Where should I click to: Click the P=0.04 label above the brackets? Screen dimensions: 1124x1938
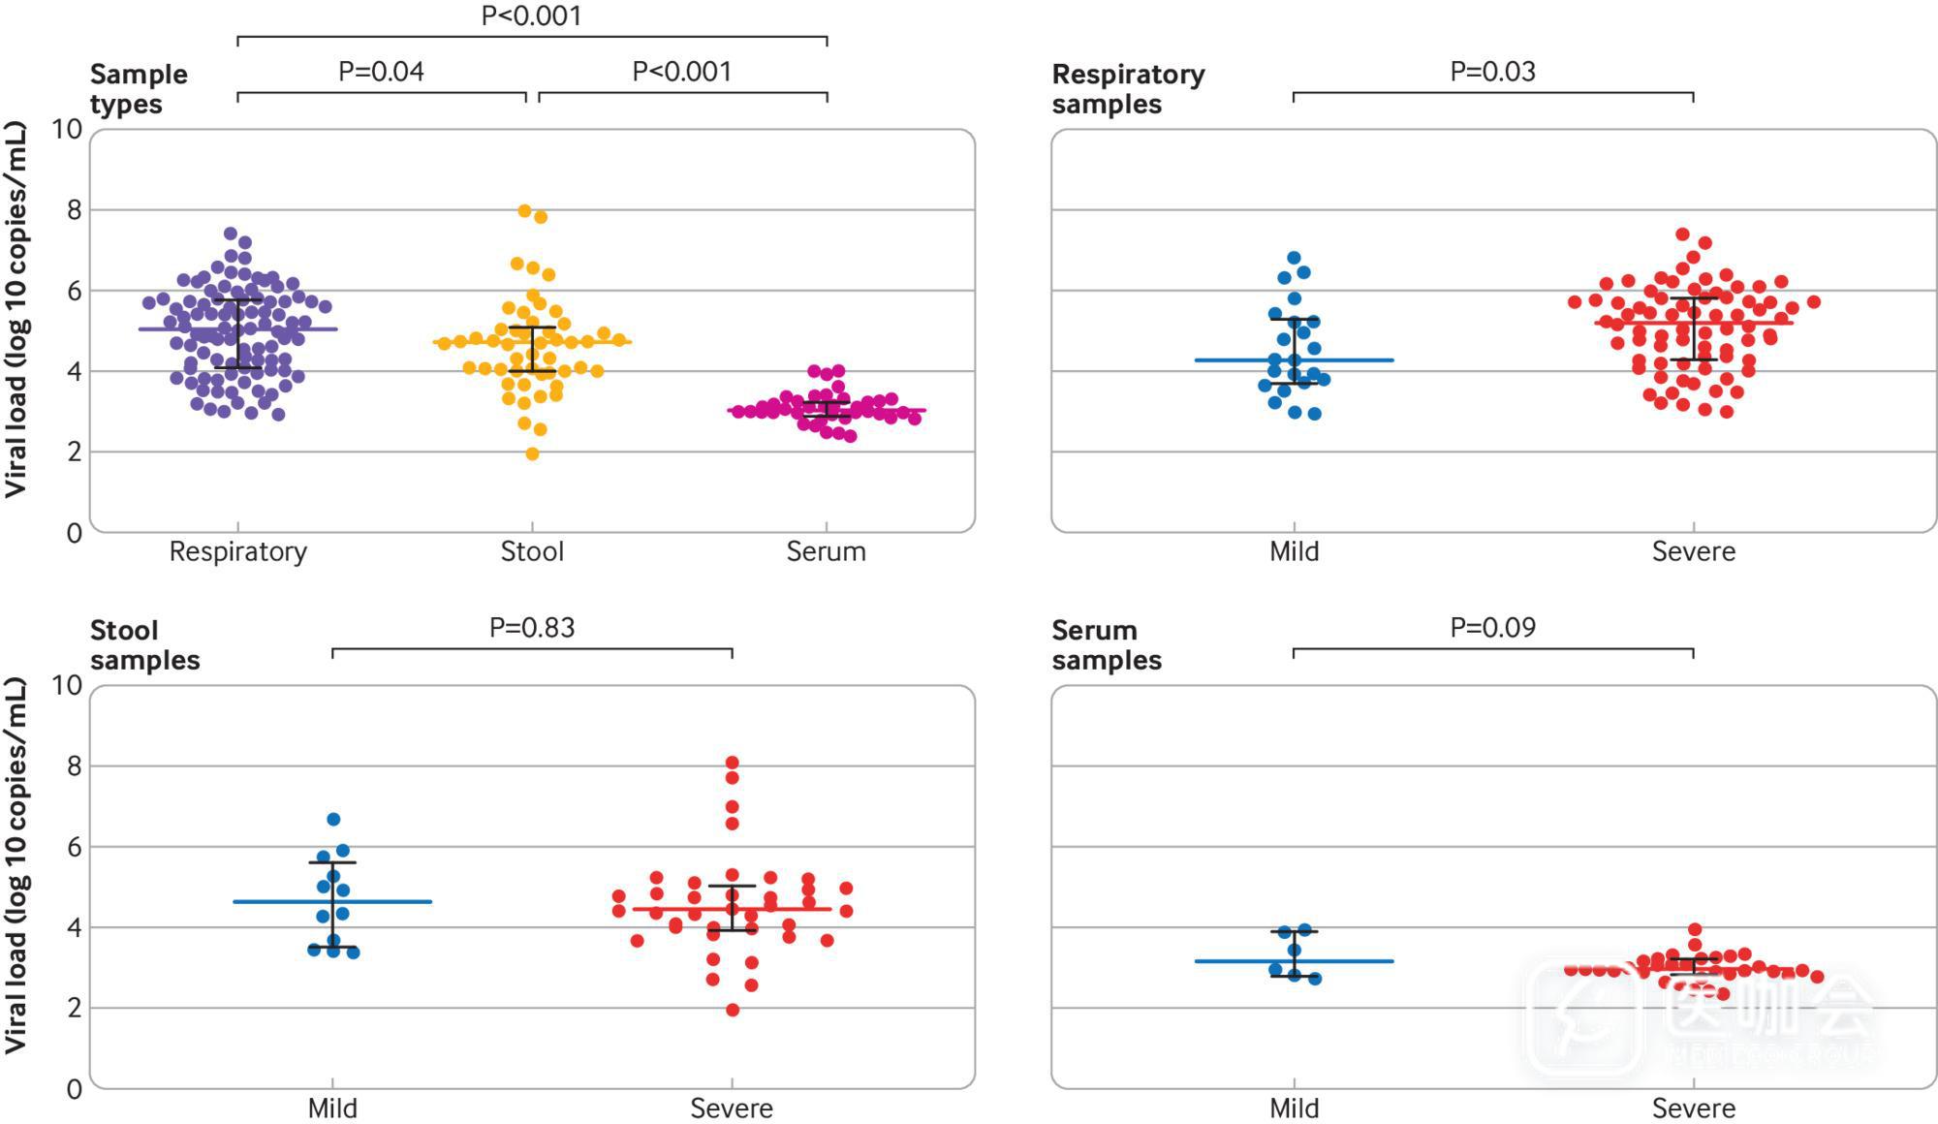(x=381, y=72)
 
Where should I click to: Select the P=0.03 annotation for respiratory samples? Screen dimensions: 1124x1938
(x=1492, y=72)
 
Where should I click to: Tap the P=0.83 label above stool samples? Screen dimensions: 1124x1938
(x=532, y=628)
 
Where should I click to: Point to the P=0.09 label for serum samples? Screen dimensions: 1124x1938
(x=1492, y=628)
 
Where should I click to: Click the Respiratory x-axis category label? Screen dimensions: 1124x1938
(x=237, y=551)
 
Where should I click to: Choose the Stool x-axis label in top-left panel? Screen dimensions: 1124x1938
(x=532, y=551)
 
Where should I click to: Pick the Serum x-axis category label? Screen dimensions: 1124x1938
(x=826, y=551)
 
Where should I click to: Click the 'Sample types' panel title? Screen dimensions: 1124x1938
(x=139, y=89)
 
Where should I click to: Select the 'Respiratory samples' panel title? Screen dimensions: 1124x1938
(x=1128, y=89)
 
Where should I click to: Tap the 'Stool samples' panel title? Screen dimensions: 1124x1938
(x=144, y=645)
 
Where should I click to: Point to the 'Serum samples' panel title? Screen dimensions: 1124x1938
(x=1106, y=645)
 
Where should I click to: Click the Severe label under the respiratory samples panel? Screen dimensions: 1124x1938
(x=1693, y=551)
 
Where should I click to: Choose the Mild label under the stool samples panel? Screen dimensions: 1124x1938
(x=332, y=1108)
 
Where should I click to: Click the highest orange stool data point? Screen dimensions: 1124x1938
(x=525, y=211)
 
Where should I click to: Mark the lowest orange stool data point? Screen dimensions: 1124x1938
(x=532, y=453)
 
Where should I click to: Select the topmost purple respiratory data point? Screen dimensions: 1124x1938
(x=231, y=234)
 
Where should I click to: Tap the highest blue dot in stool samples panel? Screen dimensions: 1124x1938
(x=333, y=820)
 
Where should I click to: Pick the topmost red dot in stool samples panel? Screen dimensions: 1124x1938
(x=733, y=763)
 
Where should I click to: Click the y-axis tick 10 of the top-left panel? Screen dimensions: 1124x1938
(x=67, y=129)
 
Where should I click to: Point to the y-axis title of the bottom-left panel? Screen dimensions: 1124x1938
(x=16, y=865)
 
